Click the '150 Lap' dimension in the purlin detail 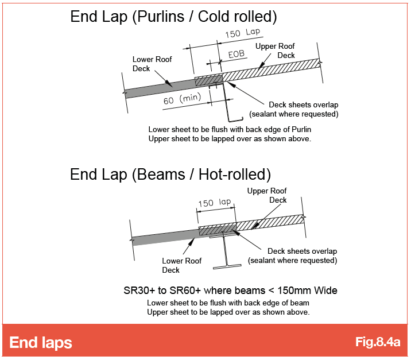coord(242,33)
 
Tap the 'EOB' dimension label coord(236,55)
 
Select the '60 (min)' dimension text coord(182,99)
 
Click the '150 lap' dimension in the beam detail coord(215,203)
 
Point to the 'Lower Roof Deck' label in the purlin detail coord(152,64)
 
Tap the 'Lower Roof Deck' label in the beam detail coord(181,265)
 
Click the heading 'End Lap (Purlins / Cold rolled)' coord(173,17)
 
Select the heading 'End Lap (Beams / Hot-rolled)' coord(170,175)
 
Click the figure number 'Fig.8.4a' coord(378,342)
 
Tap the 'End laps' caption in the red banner coord(41,343)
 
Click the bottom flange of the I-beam coord(227,266)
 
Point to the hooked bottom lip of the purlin coord(235,120)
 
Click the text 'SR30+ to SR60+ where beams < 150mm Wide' coord(230,291)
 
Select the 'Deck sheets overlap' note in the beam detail coord(302,251)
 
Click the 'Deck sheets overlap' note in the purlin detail coord(304,105)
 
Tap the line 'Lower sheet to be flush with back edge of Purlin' coord(230,130)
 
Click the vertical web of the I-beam coord(225,251)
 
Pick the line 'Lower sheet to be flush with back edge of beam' coord(228,303)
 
